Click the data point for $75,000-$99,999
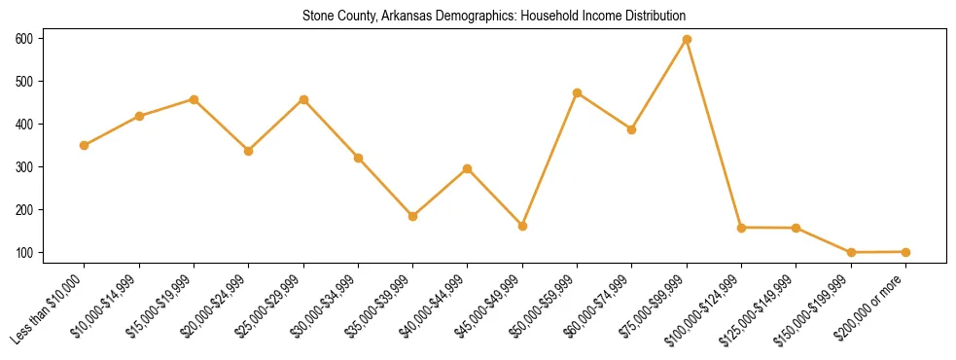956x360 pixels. coord(687,39)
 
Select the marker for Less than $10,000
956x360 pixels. coord(85,145)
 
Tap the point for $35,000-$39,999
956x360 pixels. coord(413,216)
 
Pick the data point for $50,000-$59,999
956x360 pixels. coord(578,92)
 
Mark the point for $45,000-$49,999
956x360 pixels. coord(523,226)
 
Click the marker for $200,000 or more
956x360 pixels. coord(905,252)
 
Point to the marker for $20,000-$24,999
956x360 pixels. coord(249,151)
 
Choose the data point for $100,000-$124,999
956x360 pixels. coord(742,228)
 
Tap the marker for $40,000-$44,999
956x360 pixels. coord(468,168)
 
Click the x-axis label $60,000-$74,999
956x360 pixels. coord(601,306)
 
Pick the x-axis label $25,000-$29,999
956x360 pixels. coord(271,306)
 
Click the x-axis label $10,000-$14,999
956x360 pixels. coord(107,306)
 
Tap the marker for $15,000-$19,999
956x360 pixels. coord(195,99)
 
